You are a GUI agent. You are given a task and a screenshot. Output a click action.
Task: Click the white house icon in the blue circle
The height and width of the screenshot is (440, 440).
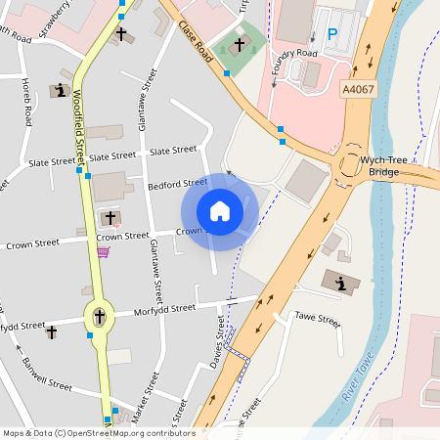[220, 210]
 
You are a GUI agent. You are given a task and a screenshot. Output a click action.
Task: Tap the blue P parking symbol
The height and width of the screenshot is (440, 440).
[331, 34]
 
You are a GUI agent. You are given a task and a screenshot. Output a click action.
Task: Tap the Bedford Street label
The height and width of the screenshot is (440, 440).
[177, 183]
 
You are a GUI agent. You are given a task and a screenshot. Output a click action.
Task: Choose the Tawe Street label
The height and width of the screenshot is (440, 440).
[317, 321]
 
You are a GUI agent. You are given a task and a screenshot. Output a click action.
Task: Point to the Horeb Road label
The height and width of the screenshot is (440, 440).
[26, 114]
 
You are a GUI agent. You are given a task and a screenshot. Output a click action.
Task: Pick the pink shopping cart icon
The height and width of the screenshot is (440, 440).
[103, 251]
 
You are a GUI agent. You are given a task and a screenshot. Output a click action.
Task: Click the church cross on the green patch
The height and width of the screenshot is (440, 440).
[239, 45]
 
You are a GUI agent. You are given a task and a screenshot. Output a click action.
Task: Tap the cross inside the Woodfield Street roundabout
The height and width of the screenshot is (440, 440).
[99, 316]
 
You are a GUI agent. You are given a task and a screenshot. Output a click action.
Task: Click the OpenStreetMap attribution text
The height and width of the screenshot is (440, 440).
[98, 432]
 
